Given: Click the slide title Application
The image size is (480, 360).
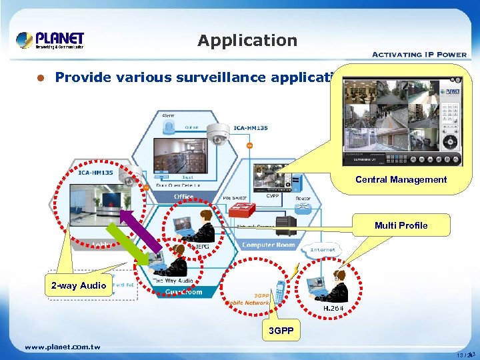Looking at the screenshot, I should [247, 41].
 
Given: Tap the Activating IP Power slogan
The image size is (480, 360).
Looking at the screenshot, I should [419, 55].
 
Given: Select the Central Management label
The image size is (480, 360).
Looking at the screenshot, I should [401, 179].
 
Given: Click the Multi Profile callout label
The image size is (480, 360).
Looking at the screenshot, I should [401, 225].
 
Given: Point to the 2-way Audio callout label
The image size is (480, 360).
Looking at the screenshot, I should [79, 286].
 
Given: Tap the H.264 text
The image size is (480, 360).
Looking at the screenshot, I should [334, 309].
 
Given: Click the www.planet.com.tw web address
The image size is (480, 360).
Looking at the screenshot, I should [62, 347].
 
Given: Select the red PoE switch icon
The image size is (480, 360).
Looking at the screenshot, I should [241, 209].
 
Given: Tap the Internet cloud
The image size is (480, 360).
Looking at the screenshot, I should [323, 251].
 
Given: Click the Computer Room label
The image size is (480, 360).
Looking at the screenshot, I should [268, 245].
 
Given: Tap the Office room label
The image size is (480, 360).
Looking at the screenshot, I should [183, 197].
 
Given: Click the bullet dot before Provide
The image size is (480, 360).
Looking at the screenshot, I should [40, 78].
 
